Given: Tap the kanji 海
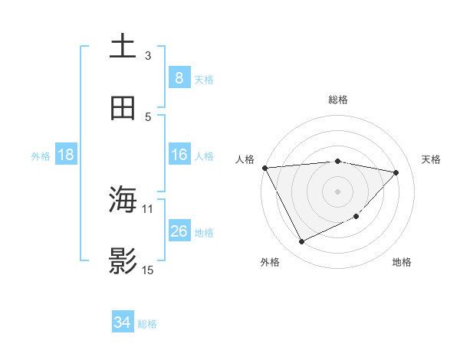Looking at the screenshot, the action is coord(123,200).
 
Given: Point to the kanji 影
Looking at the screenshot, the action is coord(123,261).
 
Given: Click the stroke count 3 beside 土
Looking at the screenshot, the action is coord(148,55).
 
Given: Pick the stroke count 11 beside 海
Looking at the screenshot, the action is coord(148,208).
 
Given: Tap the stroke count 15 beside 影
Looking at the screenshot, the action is coord(148,270).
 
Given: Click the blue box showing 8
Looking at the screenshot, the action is coord(179,78).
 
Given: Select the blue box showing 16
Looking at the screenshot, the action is coord(179,155).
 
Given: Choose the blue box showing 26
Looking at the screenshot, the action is coord(179,231).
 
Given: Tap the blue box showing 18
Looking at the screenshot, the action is coord(66,155).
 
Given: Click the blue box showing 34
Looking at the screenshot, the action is coord(122,322).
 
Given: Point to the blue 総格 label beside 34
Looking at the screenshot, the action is coord(147,324).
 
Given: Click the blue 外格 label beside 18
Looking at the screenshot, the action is coord(41,156).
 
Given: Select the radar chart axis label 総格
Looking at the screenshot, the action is coord(338,100).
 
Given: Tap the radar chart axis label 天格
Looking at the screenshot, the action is coord(431,159).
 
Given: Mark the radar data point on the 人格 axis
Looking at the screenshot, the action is coord(264,168).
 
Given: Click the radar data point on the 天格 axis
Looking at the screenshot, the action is coord(396,172).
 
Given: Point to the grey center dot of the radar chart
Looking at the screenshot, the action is coord(337,191).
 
